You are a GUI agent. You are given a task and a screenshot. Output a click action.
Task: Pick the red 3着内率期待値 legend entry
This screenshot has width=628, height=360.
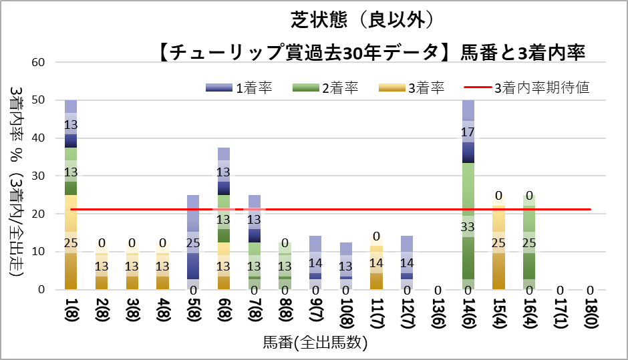(x=527, y=87)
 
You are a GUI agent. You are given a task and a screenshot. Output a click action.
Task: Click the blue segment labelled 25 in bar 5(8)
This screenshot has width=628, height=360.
(x=194, y=242)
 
